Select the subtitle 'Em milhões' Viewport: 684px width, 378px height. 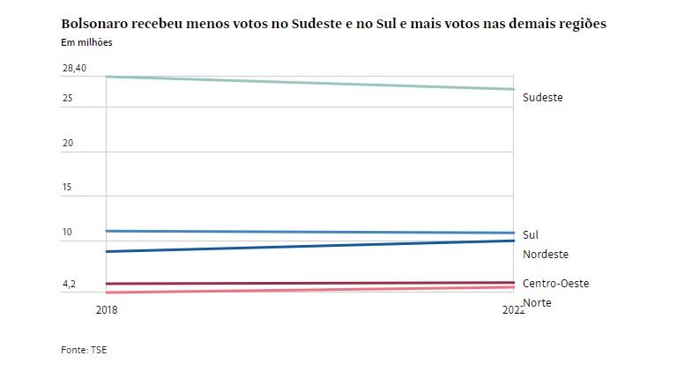(x=86, y=42)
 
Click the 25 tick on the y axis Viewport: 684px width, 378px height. (x=68, y=97)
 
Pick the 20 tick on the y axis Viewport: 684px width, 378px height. (x=68, y=143)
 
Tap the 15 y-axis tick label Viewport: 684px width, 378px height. (x=68, y=188)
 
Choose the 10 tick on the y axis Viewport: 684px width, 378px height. (x=68, y=233)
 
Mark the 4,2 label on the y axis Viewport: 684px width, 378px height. (x=69, y=285)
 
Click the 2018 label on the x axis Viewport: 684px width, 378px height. (x=106, y=310)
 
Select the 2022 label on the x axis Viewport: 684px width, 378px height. (x=511, y=310)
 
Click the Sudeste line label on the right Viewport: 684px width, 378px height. (x=542, y=98)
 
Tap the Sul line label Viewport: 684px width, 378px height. (x=531, y=235)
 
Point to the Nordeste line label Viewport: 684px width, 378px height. (x=546, y=255)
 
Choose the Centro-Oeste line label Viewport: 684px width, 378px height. (x=555, y=284)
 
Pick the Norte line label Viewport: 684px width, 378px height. (x=538, y=303)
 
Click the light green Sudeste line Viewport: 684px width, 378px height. (x=309, y=83)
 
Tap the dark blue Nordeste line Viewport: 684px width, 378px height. (x=309, y=246)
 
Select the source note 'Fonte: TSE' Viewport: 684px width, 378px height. (x=84, y=350)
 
